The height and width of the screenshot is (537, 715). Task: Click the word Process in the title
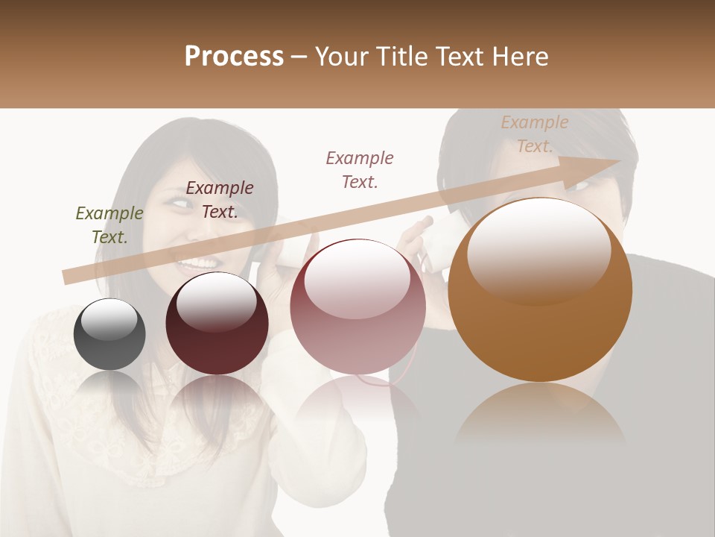pyautogui.click(x=234, y=57)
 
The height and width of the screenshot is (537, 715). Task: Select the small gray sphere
pyautogui.click(x=109, y=334)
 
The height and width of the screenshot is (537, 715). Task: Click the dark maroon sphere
pyautogui.click(x=217, y=324)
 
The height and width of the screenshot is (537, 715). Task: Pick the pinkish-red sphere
pyautogui.click(x=357, y=307)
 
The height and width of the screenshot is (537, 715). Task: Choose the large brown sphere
pyautogui.click(x=540, y=291)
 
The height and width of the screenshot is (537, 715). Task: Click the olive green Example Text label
pyautogui.click(x=109, y=225)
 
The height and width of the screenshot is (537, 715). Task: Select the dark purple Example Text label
pyautogui.click(x=220, y=200)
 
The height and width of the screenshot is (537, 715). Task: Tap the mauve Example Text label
pyautogui.click(x=360, y=169)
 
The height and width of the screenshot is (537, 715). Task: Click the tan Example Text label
pyautogui.click(x=534, y=134)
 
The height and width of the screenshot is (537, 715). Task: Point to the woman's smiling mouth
pyautogui.click(x=197, y=263)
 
